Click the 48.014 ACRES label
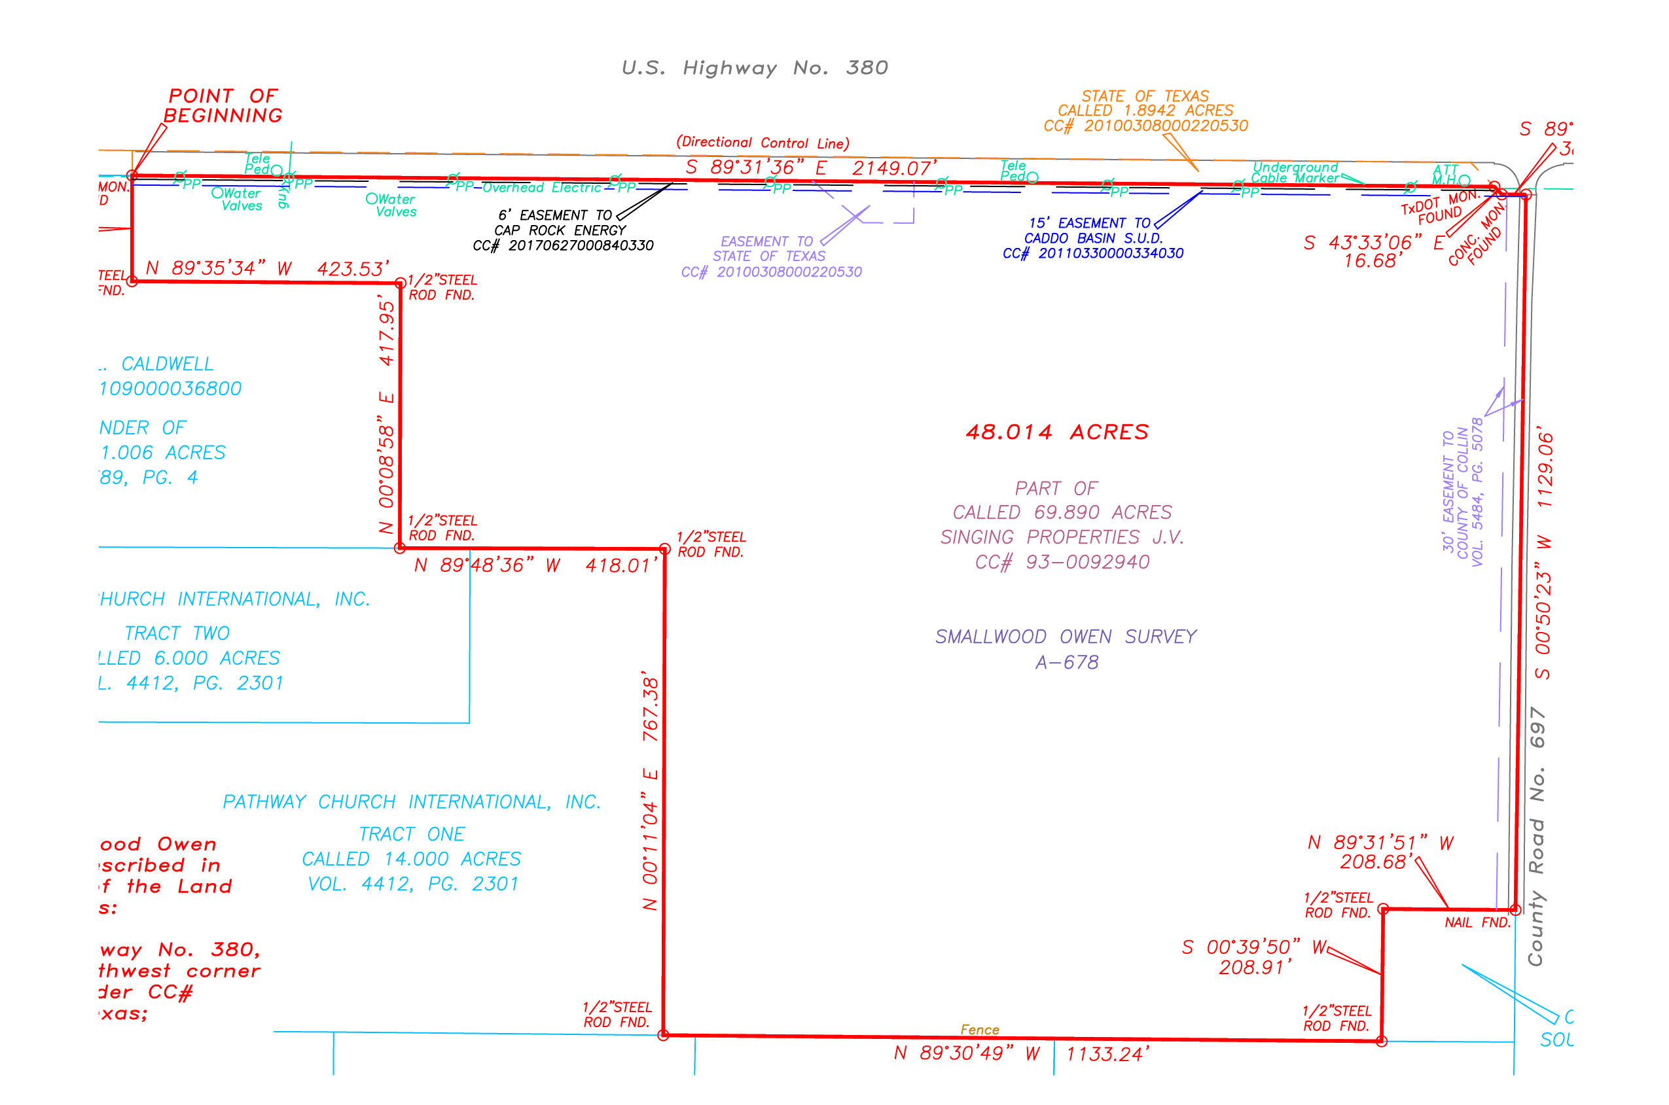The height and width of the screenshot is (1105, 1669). click(x=1056, y=432)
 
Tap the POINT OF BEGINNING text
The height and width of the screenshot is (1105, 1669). click(x=223, y=106)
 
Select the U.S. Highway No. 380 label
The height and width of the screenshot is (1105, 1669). click(x=754, y=67)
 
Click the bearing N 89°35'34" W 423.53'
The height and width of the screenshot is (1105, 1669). click(x=267, y=268)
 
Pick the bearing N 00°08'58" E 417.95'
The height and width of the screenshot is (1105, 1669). click(x=387, y=416)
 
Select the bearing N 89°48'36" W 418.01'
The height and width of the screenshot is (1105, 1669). click(x=535, y=565)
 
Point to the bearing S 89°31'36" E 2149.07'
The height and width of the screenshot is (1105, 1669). click(x=810, y=167)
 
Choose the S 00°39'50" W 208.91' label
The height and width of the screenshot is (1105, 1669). click(x=1255, y=956)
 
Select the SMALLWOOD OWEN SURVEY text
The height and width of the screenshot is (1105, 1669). click(x=1066, y=637)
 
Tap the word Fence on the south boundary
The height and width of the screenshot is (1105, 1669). click(x=980, y=1030)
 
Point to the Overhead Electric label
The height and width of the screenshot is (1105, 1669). click(x=542, y=188)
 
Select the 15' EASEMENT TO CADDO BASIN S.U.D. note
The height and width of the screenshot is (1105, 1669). click(x=1092, y=238)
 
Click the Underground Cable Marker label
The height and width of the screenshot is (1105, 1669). click(x=1295, y=173)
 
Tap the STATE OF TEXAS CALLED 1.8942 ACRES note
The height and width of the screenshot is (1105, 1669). click(x=1145, y=111)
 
